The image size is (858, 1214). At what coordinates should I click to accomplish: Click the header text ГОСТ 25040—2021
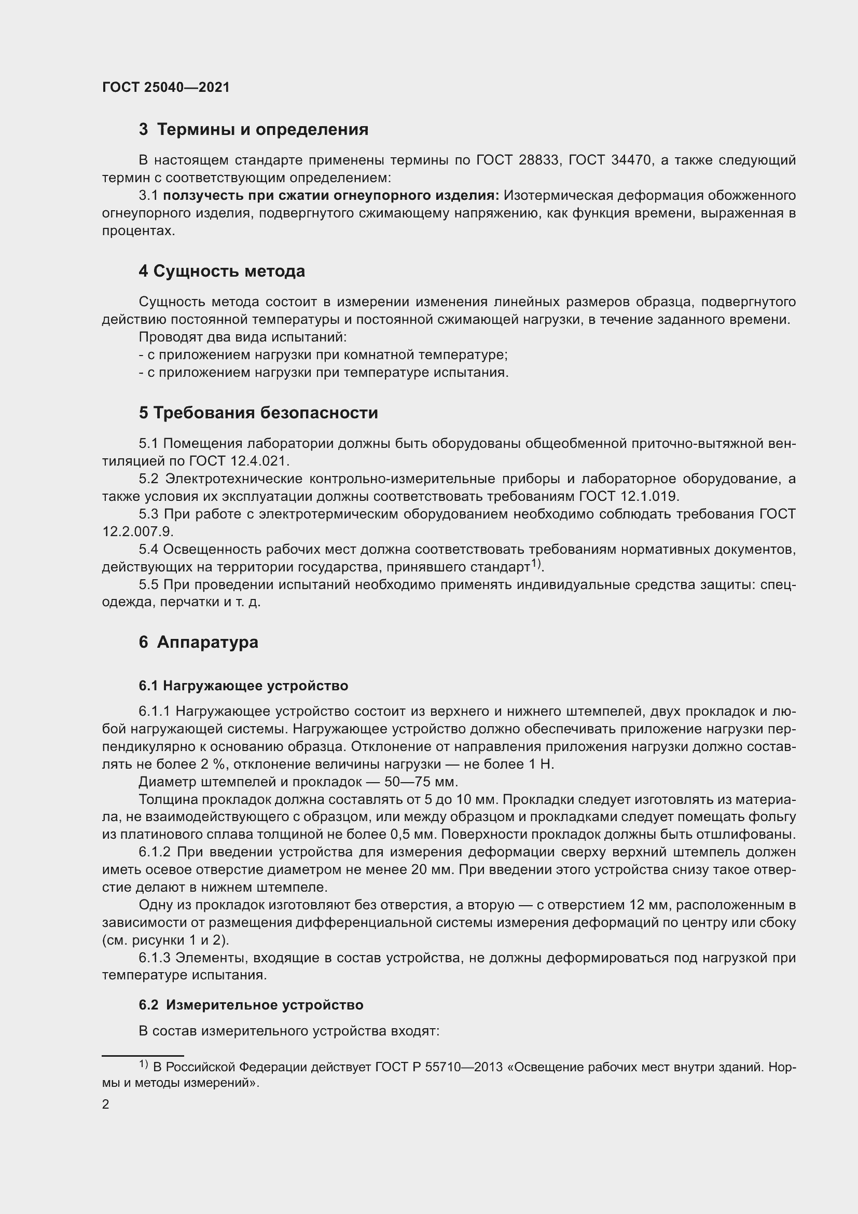pyautogui.click(x=166, y=87)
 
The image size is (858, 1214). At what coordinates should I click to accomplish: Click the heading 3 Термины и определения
pyautogui.click(x=254, y=130)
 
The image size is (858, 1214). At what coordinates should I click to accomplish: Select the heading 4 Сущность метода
pyautogui.click(x=222, y=271)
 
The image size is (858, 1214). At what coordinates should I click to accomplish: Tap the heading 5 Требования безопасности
pyautogui.click(x=258, y=413)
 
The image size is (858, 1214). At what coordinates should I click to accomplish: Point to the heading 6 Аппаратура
pyautogui.click(x=199, y=643)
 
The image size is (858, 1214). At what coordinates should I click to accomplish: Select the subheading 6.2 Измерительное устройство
pyautogui.click(x=251, y=1005)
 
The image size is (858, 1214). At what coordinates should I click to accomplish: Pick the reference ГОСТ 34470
pyautogui.click(x=610, y=160)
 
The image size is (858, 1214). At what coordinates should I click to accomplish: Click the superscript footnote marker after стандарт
pyautogui.click(x=536, y=564)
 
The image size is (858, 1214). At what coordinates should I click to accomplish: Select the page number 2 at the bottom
pyautogui.click(x=106, y=1104)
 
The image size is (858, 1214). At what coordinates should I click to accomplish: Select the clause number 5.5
pyautogui.click(x=148, y=585)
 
